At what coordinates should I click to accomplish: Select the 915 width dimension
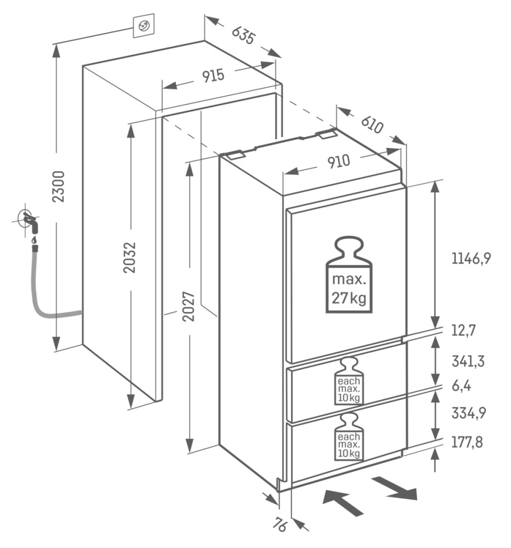[213, 76]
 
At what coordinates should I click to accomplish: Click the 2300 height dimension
[59, 186]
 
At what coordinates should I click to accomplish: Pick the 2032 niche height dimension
[130, 257]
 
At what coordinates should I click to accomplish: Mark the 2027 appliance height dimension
[189, 306]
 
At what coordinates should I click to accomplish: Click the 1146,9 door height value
[471, 259]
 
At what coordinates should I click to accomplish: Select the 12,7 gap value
[463, 330]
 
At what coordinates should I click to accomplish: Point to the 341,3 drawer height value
[468, 361]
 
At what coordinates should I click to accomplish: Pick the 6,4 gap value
[461, 386]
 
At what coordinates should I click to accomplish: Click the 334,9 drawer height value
[469, 413]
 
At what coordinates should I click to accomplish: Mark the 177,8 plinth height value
[467, 442]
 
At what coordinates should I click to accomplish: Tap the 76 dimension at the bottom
[280, 525]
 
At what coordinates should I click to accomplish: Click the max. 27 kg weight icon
[349, 275]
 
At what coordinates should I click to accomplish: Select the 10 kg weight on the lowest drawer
[349, 437]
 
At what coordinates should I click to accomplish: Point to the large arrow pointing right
[395, 488]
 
